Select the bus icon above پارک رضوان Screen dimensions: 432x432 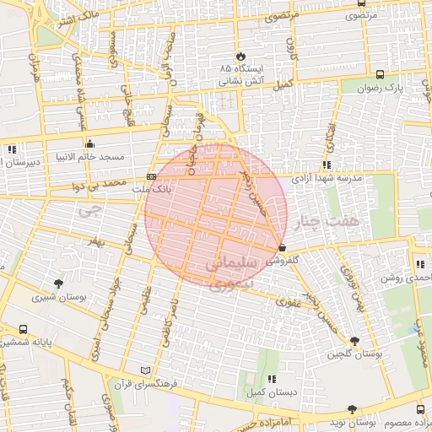tap(381, 74)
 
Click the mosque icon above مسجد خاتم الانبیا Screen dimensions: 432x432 tap(89, 143)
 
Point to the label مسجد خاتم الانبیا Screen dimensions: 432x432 tap(89, 157)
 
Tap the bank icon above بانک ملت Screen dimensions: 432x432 tap(151, 176)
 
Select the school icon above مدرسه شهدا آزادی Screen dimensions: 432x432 tap(327, 165)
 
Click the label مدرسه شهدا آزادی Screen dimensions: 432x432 tap(327, 179)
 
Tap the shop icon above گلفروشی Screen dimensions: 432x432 tap(282, 247)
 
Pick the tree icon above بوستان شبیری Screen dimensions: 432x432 tap(57, 283)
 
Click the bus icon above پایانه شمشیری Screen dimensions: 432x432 tap(22, 330)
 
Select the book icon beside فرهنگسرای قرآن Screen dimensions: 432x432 tap(148, 370)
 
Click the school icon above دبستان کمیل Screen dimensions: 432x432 tap(271, 380)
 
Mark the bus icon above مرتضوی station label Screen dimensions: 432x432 tap(361, 4)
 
